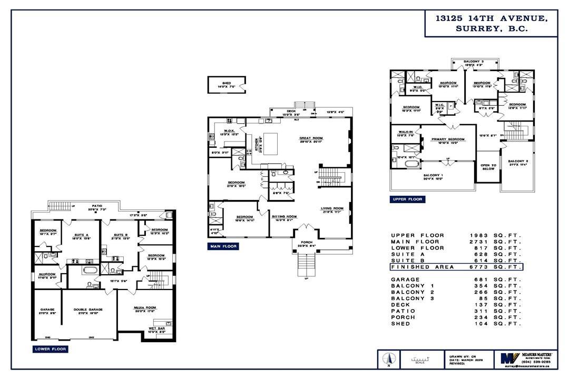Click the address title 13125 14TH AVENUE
(x=491, y=18)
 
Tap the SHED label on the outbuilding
(x=227, y=83)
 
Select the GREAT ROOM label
(x=311, y=138)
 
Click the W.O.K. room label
(x=229, y=131)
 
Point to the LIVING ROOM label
(x=332, y=208)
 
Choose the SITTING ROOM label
(x=284, y=216)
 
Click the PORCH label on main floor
(x=306, y=243)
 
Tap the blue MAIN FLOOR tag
(x=223, y=246)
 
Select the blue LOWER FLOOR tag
(x=50, y=348)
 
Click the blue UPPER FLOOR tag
(x=407, y=200)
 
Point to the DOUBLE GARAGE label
(x=88, y=310)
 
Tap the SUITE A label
(x=80, y=235)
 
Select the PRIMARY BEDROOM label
(x=447, y=139)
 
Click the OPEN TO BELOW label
(x=488, y=167)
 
